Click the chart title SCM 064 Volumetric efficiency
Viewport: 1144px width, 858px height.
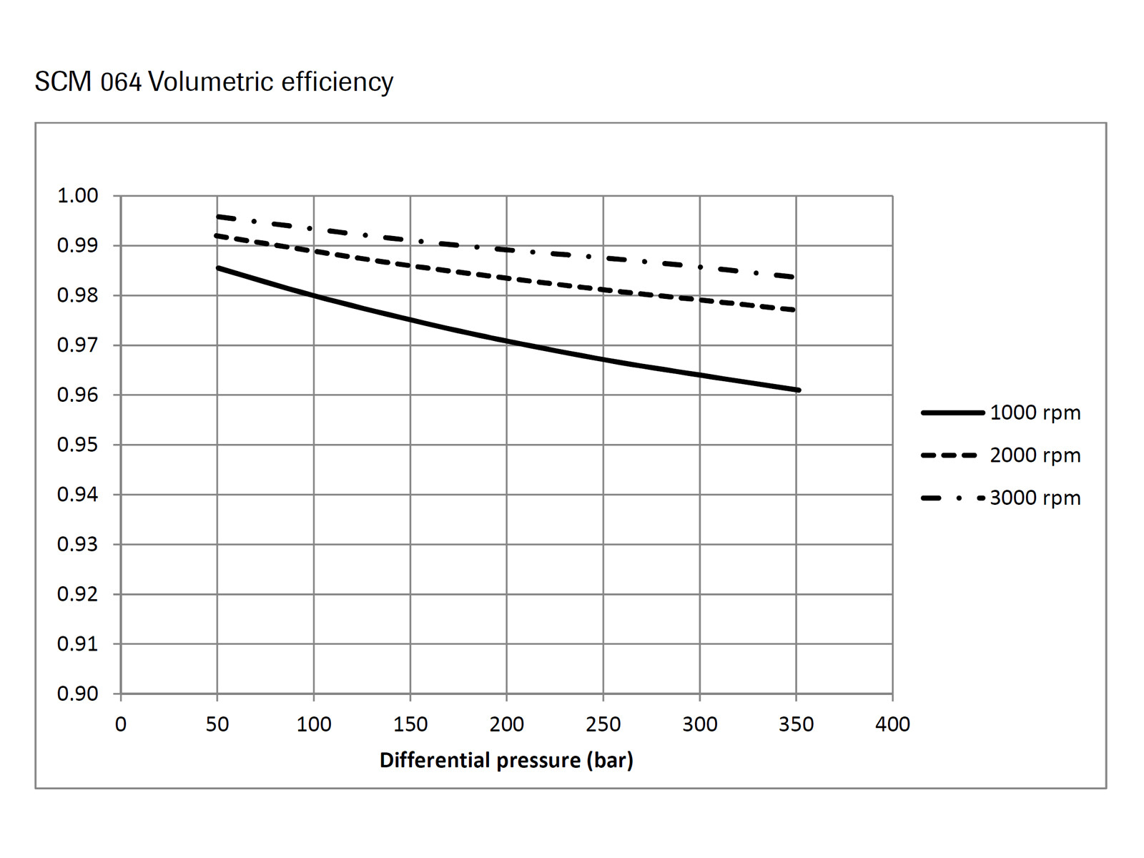214,82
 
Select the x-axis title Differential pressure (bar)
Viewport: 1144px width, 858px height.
506,760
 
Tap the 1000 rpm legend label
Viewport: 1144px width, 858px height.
1035,413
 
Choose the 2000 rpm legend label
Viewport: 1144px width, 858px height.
1035,455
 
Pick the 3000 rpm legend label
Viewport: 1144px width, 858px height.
1035,498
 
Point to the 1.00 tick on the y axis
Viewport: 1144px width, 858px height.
77,195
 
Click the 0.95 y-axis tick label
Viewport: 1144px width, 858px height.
77,445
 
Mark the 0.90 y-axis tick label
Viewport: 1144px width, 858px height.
77,694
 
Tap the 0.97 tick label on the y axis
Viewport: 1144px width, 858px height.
77,345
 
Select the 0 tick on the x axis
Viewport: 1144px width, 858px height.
121,724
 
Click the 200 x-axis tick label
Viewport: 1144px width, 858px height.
506,724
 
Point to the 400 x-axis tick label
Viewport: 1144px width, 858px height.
892,724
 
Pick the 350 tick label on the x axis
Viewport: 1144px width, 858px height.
796,724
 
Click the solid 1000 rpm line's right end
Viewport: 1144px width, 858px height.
798,390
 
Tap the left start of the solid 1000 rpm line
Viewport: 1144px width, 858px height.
218,268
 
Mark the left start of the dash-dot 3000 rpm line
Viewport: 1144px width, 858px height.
217,216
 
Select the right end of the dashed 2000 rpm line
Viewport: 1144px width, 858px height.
794,310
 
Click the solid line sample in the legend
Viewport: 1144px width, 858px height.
952,413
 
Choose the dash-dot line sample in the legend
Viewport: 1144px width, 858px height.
952,498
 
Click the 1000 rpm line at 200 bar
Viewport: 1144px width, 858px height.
506,341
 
